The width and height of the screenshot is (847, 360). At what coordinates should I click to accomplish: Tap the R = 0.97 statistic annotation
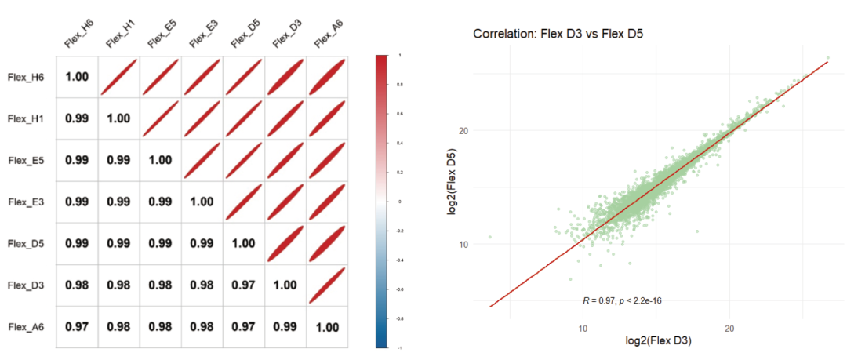click(622, 300)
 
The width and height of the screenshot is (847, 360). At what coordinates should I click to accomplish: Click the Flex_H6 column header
click(78, 35)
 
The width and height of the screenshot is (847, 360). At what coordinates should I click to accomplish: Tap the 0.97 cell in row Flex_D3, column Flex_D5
click(243, 285)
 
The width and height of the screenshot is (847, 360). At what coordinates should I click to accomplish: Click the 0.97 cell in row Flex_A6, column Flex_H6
click(77, 327)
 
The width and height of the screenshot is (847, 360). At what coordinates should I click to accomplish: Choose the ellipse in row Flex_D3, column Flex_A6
click(327, 285)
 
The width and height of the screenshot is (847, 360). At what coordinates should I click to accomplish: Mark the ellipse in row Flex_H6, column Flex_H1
click(119, 78)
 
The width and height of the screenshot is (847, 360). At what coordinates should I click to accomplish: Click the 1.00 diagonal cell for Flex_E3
click(202, 202)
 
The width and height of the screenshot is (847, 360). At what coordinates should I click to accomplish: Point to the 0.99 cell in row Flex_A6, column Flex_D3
click(285, 327)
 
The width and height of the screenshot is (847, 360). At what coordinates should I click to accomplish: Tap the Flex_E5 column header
click(162, 35)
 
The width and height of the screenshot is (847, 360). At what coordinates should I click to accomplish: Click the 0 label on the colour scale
click(399, 201)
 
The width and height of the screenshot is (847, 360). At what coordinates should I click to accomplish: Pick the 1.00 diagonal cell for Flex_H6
click(77, 78)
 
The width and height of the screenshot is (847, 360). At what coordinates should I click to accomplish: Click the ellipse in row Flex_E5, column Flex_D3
click(285, 161)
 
